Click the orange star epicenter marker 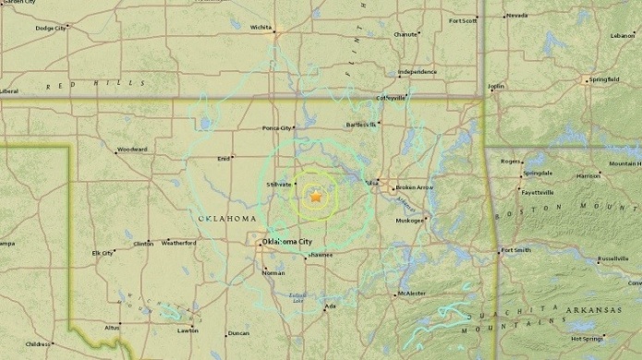click(316, 197)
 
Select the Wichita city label click(260, 27)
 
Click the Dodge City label click(50, 29)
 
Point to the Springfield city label click(604, 79)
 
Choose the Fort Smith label click(515, 250)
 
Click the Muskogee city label click(410, 221)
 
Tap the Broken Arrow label click(414, 187)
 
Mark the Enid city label click(223, 159)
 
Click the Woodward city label click(132, 149)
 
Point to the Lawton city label click(188, 330)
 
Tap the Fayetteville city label click(537, 193)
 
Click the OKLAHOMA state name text click(227, 218)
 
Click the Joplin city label click(497, 86)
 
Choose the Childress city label click(38, 344)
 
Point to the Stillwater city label click(279, 185)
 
